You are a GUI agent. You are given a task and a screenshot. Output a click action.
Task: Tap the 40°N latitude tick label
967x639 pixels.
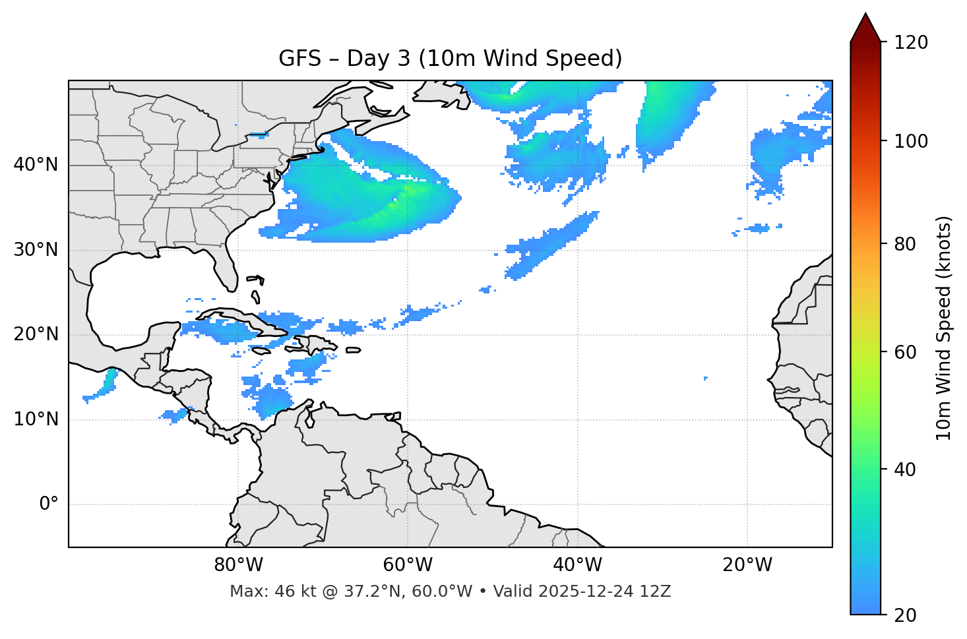click(x=36, y=165)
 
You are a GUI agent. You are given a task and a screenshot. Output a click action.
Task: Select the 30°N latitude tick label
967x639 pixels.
click(x=36, y=250)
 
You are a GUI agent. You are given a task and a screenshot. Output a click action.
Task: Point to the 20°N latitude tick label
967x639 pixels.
click(x=36, y=334)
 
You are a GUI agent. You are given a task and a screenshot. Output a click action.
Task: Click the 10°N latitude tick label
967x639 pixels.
click(x=36, y=419)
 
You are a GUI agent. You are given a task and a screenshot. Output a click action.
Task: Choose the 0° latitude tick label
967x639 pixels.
click(x=49, y=504)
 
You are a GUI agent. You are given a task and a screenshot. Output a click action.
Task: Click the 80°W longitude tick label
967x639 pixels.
click(x=238, y=565)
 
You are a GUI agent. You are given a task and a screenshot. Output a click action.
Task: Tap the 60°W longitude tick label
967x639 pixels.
click(x=408, y=565)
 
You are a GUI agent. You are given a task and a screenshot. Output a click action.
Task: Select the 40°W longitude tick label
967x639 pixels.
click(x=577, y=565)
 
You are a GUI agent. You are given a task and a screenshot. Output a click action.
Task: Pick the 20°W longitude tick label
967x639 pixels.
click(x=747, y=565)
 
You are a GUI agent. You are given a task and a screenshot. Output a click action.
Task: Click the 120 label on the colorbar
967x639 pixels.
click(x=910, y=43)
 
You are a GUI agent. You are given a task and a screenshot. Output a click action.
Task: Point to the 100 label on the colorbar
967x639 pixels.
click(x=910, y=141)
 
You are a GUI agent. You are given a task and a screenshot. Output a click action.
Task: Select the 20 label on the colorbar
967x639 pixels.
click(x=906, y=615)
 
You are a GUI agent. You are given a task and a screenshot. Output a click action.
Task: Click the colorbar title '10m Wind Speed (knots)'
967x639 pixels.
click(x=944, y=328)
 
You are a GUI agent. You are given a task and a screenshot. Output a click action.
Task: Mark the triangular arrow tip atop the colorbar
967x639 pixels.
click(x=865, y=26)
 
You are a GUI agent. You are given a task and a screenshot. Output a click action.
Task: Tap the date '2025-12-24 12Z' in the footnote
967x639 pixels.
click(x=604, y=592)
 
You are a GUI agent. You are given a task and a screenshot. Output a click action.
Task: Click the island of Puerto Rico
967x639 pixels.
click(x=353, y=350)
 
